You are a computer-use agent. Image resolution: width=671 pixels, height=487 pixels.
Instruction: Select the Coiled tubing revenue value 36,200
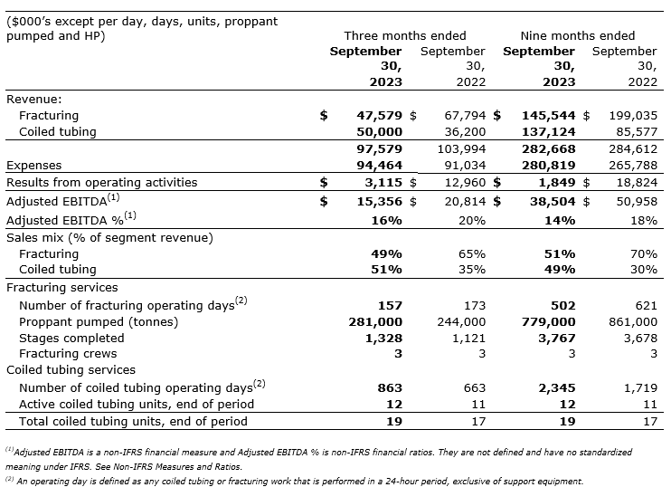464,132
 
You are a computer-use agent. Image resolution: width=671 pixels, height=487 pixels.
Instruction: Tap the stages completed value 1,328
383,338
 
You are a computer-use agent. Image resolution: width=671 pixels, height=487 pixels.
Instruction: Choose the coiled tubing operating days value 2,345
556,387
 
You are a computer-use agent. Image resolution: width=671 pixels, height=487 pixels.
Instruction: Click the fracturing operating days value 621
645,305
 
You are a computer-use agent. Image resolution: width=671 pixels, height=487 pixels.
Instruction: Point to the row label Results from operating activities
102,182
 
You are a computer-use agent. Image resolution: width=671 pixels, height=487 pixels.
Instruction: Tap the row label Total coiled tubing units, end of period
127,421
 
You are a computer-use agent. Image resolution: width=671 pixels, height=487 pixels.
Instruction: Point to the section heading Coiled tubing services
71,370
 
